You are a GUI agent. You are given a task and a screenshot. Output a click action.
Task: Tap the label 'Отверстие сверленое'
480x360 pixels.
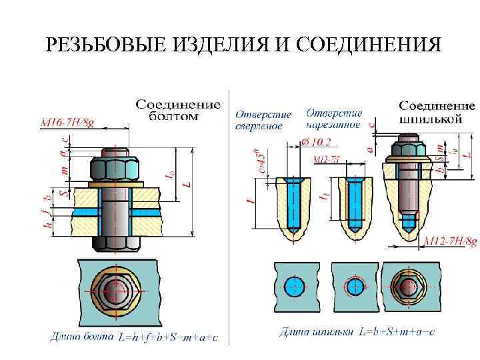pos(259,120)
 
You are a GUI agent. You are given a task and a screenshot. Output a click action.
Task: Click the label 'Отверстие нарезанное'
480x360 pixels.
pos(335,118)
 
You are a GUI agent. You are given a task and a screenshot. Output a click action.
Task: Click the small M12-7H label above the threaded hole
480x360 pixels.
pos(327,159)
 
